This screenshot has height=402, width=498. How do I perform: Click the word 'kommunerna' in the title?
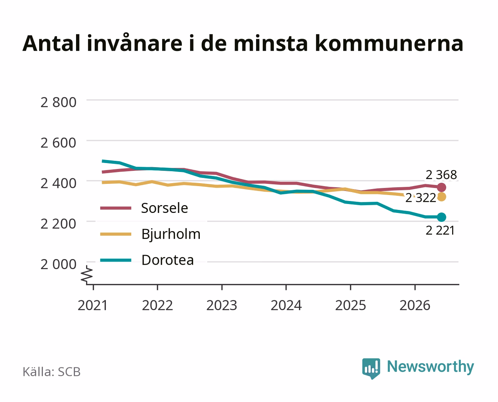[389, 43]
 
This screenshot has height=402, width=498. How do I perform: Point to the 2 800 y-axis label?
[59, 102]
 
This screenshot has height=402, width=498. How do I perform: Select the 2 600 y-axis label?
[59, 143]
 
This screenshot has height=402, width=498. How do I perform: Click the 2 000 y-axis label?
[59, 265]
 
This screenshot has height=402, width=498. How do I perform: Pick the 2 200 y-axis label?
[59, 224]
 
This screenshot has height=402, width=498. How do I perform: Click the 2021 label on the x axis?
[92, 305]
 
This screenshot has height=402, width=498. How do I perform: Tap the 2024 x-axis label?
[286, 305]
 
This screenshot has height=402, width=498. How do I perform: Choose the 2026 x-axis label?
[415, 305]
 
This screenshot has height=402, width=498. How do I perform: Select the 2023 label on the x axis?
[222, 305]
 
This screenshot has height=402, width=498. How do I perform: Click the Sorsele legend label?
[165, 208]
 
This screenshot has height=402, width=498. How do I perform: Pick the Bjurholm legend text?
[171, 234]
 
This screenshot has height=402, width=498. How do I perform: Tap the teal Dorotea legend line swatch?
[116, 260]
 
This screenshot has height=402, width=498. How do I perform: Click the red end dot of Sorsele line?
[441, 187]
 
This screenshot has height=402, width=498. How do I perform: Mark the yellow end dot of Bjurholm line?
[441, 197]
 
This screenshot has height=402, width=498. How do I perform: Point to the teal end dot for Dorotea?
[441, 217]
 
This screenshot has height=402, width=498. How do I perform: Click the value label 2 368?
[441, 175]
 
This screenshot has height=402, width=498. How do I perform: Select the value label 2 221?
[440, 231]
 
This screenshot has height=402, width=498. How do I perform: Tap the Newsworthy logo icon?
[371, 368]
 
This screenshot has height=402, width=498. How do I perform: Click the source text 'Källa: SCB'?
[52, 372]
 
